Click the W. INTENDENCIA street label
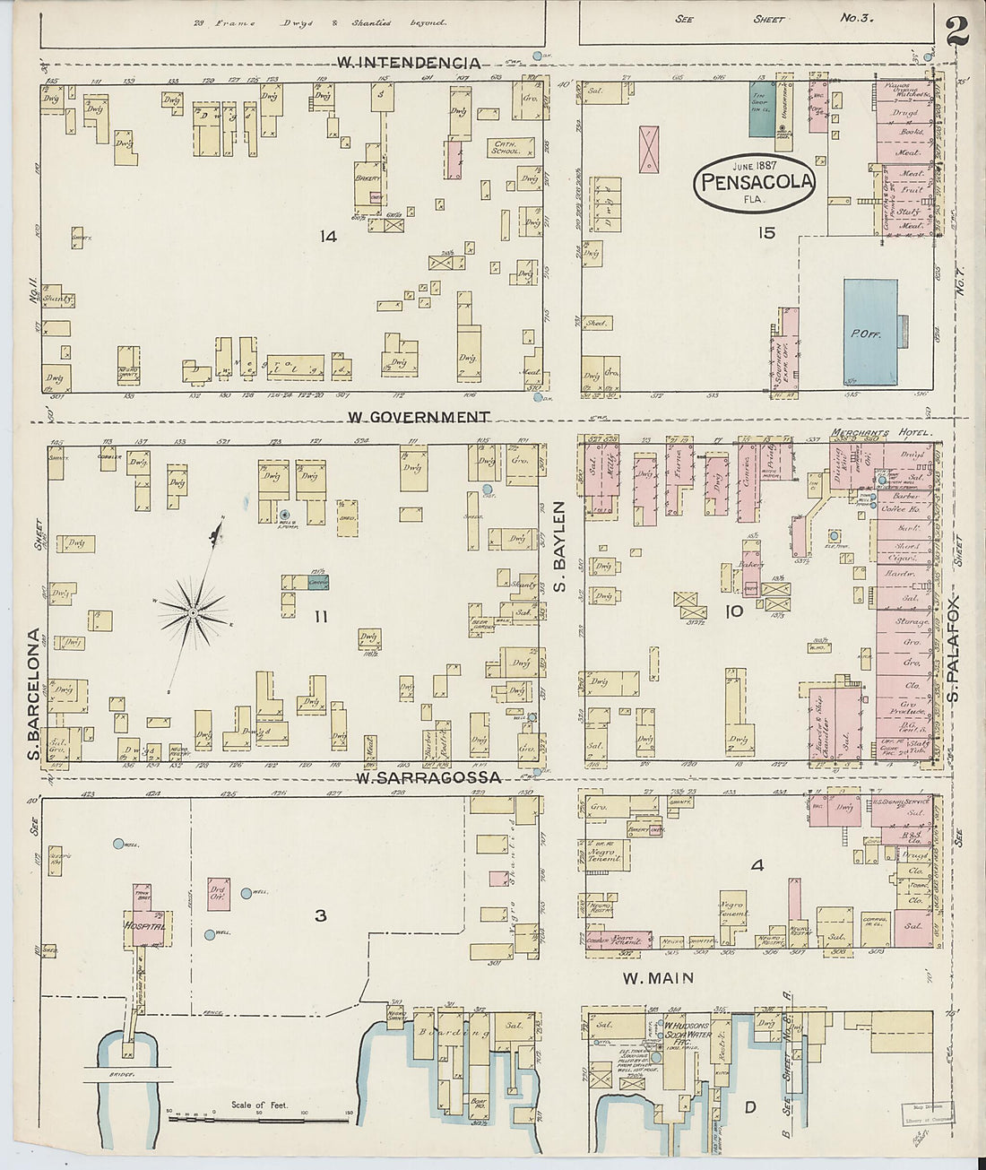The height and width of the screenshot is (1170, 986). (x=409, y=63)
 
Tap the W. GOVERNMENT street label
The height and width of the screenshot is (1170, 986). (x=419, y=417)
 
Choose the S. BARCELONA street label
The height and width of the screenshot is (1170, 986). (x=35, y=686)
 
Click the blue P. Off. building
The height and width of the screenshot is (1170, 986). (x=870, y=332)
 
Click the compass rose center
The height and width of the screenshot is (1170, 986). (x=192, y=613)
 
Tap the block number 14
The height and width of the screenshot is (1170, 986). (x=327, y=237)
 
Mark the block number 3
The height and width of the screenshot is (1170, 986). (x=319, y=915)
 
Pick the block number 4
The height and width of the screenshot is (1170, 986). (x=757, y=866)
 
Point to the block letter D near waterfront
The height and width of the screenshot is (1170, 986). (x=749, y=1108)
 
